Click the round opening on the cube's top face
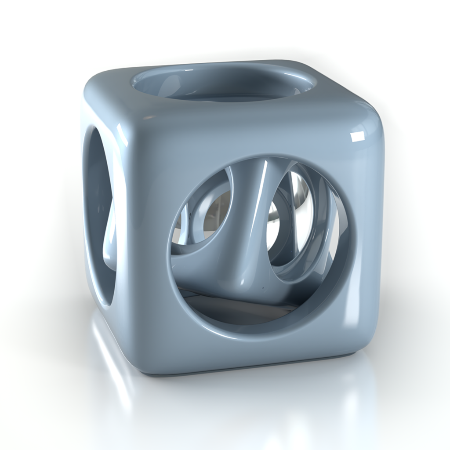[224, 83]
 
